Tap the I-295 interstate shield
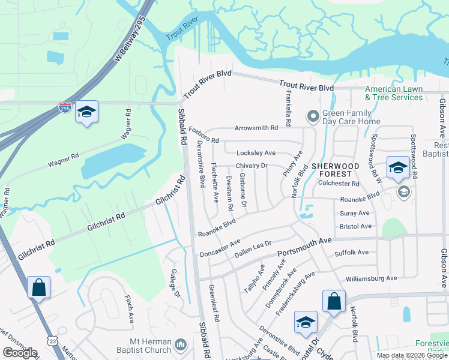click(65, 108)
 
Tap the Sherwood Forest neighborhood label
click(335, 170)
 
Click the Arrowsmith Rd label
click(256, 128)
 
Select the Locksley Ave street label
click(256, 153)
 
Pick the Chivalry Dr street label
click(252, 166)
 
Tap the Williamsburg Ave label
click(372, 278)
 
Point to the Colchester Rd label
click(339, 184)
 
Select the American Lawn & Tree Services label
click(394, 93)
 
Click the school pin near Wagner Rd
click(87, 112)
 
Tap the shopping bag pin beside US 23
click(38, 287)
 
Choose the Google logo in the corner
click(20, 353)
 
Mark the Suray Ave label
click(355, 213)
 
